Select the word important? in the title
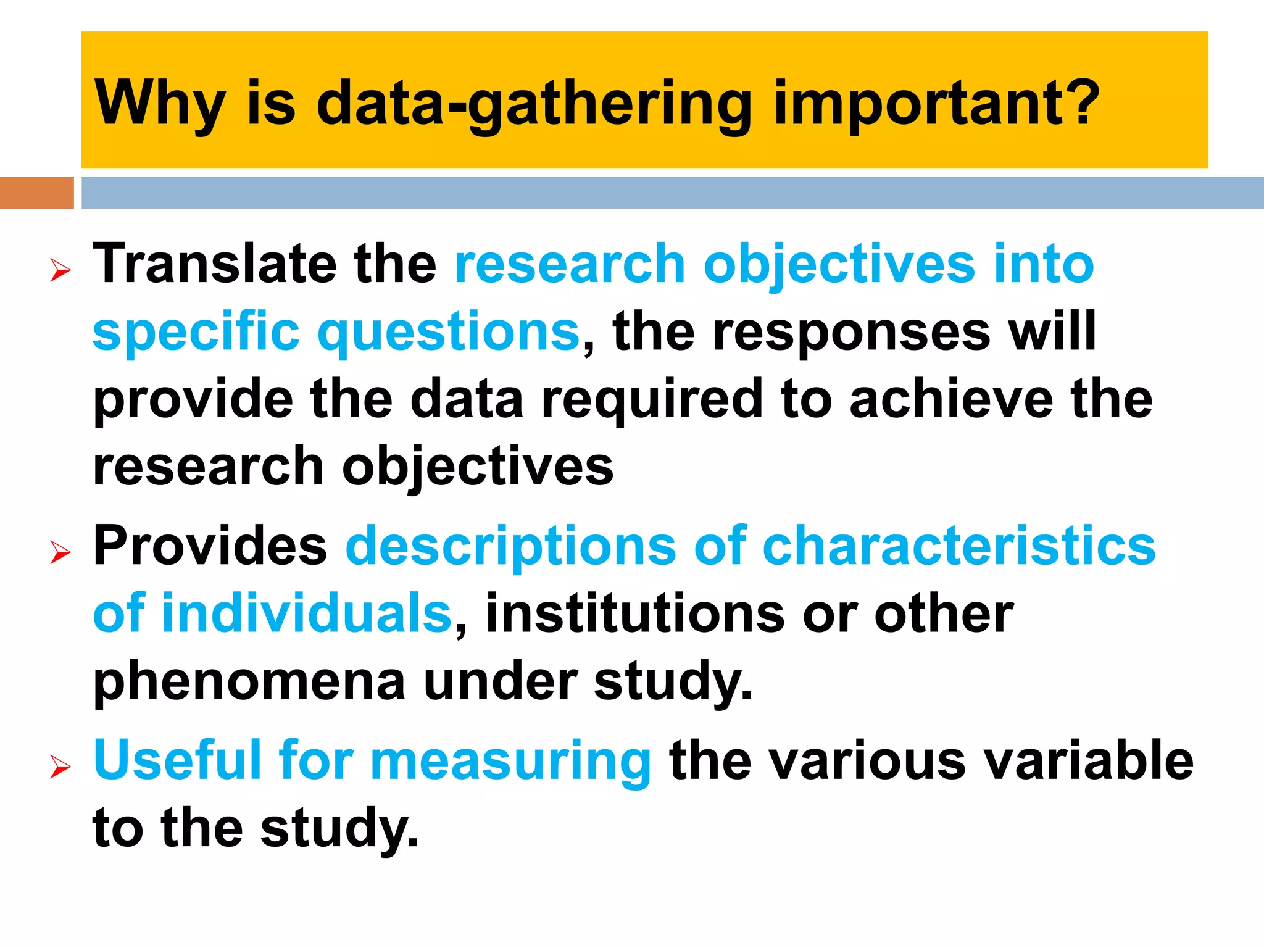pos(936,104)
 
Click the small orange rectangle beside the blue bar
pos(36,193)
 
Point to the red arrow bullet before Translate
pos(60,270)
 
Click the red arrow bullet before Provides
pos(60,552)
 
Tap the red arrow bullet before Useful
pos(60,767)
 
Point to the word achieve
pos(950,399)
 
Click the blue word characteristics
pos(959,546)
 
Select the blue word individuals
pos(307,613)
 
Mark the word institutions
pos(635,613)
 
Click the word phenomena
pos(249,681)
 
